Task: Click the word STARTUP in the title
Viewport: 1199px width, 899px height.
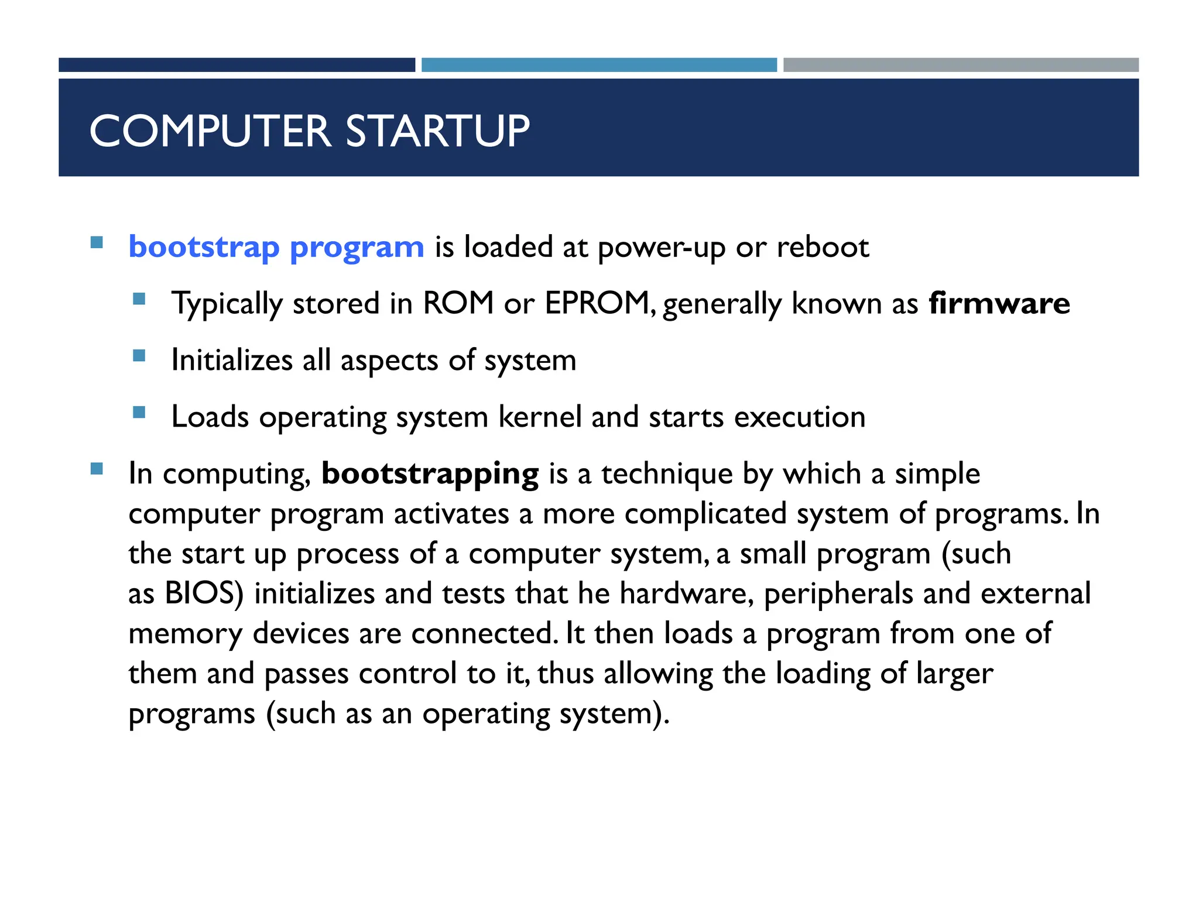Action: [437, 131]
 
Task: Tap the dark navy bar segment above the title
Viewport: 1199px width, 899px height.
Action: [237, 65]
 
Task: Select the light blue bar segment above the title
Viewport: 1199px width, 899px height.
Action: [599, 65]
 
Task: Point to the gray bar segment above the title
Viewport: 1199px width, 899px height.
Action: [961, 65]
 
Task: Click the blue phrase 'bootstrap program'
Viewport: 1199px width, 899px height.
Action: [276, 247]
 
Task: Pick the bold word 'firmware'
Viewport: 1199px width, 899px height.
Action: [999, 304]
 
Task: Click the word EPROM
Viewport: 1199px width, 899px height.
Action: [598, 304]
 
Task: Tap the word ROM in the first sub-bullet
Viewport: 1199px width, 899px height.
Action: [458, 304]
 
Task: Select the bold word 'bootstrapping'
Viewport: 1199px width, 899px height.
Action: [430, 474]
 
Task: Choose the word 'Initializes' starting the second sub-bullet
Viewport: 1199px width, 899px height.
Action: [232, 361]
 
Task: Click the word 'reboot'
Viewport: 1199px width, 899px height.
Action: [823, 247]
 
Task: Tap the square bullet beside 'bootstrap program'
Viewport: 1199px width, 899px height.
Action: [97, 242]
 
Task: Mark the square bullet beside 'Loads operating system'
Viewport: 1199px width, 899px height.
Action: [139, 413]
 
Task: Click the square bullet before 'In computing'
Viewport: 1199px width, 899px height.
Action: [97, 469]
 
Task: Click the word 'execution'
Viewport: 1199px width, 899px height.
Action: [800, 417]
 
